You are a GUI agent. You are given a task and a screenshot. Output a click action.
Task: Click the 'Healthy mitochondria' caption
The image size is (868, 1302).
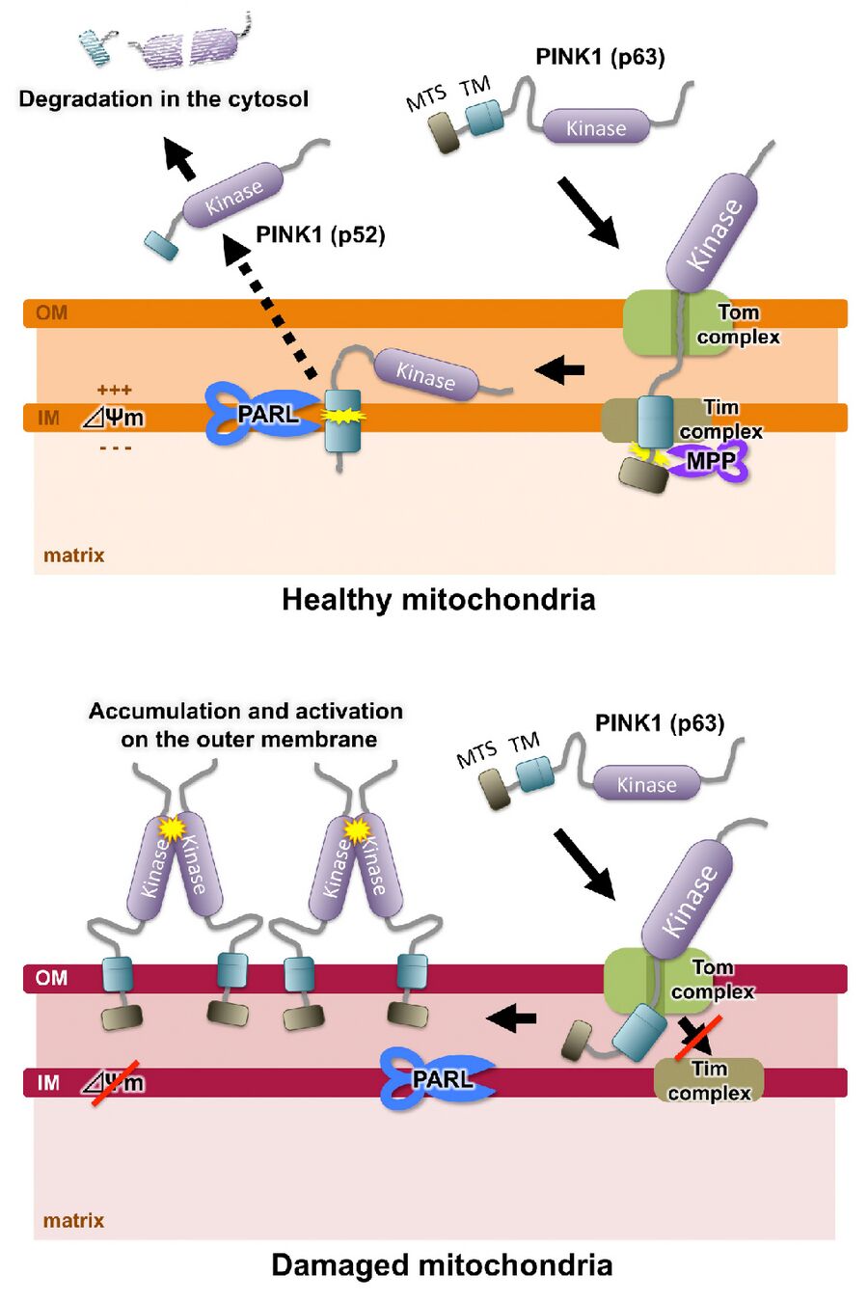click(438, 600)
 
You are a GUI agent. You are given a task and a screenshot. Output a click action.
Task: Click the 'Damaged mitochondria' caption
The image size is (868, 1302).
click(442, 1264)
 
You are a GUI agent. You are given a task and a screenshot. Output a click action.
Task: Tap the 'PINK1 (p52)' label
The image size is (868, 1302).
click(320, 234)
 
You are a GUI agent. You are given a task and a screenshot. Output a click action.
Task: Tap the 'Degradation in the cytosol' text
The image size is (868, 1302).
click(164, 99)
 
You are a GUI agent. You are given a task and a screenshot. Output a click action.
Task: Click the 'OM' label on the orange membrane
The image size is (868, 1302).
click(51, 312)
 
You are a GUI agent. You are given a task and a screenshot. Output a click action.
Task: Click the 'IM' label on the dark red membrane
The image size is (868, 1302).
click(48, 1083)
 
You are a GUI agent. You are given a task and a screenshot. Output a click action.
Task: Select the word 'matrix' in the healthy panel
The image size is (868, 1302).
click(73, 556)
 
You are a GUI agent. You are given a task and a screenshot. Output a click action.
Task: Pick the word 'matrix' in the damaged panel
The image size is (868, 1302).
click(73, 1220)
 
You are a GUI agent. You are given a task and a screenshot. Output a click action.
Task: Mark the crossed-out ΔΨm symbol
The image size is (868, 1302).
click(115, 1083)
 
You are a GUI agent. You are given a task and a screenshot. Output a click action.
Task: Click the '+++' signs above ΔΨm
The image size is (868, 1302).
click(115, 390)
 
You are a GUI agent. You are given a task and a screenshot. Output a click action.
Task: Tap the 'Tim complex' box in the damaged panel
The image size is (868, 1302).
click(709, 1080)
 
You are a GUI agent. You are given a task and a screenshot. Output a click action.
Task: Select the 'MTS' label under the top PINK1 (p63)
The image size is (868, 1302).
click(425, 96)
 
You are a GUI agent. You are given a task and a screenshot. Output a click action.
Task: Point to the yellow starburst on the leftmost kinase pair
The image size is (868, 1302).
click(172, 828)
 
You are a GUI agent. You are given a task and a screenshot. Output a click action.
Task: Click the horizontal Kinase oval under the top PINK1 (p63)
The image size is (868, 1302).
click(596, 127)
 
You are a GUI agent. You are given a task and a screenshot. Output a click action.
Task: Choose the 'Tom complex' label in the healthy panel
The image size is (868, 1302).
click(738, 324)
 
